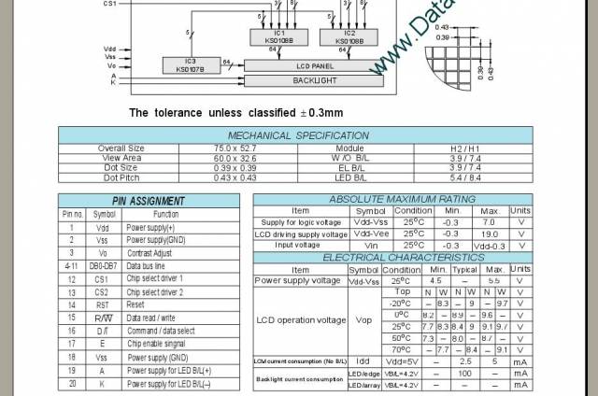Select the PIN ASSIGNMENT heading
(x=149, y=201)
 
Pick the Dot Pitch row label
(x=121, y=177)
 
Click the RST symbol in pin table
(x=104, y=304)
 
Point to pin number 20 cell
(x=71, y=383)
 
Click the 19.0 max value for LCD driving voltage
(x=488, y=233)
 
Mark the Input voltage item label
(x=298, y=245)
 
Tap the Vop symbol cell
(x=363, y=320)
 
